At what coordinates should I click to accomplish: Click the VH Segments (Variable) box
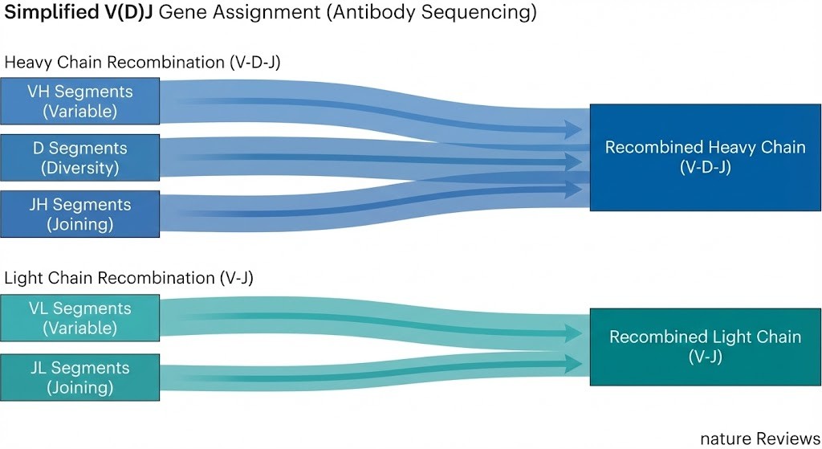point(79,101)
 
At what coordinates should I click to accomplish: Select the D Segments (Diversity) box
point(79,157)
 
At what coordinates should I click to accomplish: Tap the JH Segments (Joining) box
point(79,214)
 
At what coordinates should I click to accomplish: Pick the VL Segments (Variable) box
point(79,318)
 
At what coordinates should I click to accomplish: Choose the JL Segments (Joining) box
point(79,378)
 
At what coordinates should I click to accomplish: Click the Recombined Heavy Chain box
point(705,157)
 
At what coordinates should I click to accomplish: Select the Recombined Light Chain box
point(705,346)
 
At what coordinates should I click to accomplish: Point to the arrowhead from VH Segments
point(572,129)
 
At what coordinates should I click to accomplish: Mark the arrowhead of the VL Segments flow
point(572,333)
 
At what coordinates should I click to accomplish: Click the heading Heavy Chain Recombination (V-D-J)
point(142,63)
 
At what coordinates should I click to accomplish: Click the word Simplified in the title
point(51,14)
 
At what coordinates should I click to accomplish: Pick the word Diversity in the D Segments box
point(79,168)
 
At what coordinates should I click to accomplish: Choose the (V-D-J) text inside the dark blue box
point(705,168)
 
